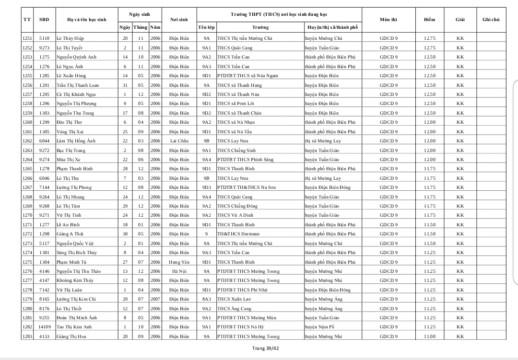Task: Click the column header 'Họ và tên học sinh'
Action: point(87,20)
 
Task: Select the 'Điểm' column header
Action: point(429,20)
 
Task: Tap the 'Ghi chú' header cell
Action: point(491,20)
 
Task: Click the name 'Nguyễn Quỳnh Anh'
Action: point(76,57)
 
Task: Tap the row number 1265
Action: point(27,169)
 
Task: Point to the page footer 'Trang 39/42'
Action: point(265,348)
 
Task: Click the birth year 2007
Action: point(155,299)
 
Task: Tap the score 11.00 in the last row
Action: point(430,337)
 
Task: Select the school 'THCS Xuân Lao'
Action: point(234,299)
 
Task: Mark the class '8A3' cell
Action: point(206,299)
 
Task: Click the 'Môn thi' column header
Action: point(388,20)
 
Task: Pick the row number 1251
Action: point(27,38)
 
